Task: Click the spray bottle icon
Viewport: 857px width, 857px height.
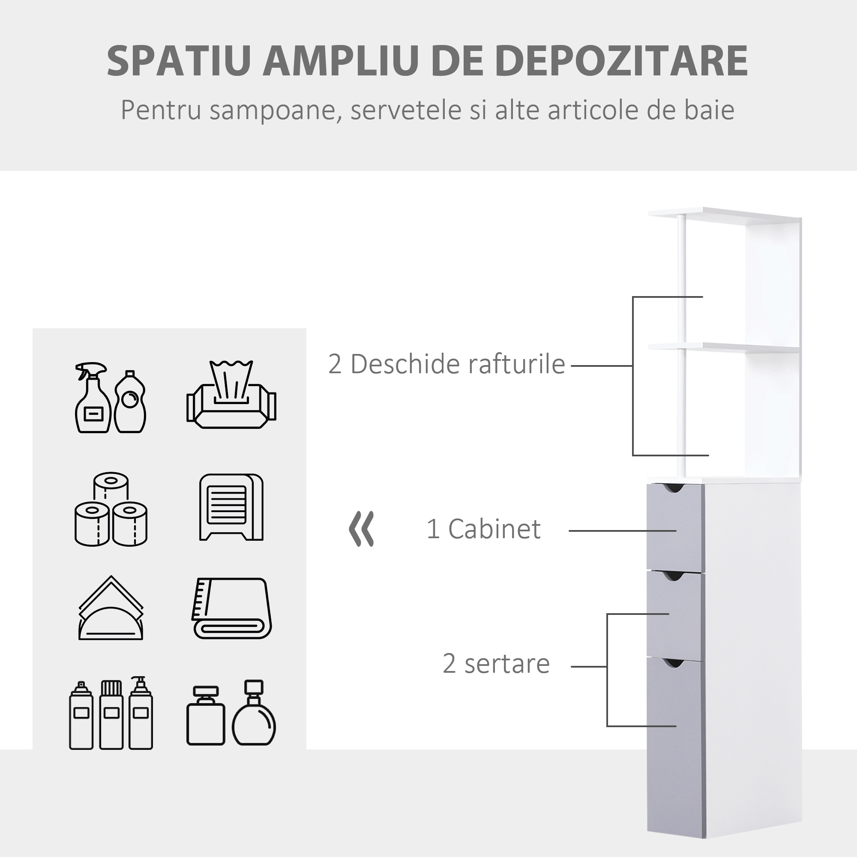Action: pos(92,398)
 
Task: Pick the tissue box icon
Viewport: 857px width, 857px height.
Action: pos(231,394)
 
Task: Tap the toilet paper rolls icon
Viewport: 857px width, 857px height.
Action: pos(111,509)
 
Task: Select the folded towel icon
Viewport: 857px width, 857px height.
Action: pos(232,608)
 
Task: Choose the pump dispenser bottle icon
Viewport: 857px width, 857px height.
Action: pos(141,713)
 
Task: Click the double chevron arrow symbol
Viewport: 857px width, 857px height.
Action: pos(362,529)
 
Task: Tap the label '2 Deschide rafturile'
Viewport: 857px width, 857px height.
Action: pos(446,364)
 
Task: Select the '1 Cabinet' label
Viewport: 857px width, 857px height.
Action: pos(483,529)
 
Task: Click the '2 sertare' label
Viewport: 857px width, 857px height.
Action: pos(496,664)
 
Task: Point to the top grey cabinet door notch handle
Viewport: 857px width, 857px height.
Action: pos(675,488)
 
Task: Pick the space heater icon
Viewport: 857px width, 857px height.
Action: pos(231,507)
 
